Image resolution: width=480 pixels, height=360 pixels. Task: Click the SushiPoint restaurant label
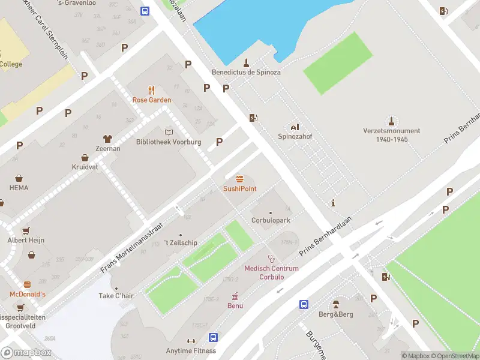(x=240, y=188)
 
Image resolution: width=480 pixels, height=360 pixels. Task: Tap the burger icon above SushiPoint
(x=240, y=179)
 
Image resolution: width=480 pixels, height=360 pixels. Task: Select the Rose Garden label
(x=152, y=100)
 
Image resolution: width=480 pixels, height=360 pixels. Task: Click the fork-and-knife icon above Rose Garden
(x=152, y=91)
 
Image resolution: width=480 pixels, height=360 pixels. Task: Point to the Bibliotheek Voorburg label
(x=169, y=142)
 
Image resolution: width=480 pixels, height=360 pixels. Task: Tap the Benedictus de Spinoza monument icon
(x=246, y=62)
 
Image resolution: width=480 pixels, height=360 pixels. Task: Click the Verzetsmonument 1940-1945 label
(x=391, y=134)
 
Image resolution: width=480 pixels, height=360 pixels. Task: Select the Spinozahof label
(x=295, y=136)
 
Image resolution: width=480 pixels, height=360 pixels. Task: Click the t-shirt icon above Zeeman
(x=108, y=139)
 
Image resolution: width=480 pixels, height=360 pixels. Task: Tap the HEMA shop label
(x=19, y=188)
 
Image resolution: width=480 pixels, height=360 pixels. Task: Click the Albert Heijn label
(x=26, y=240)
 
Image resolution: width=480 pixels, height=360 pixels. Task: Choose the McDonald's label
(x=27, y=294)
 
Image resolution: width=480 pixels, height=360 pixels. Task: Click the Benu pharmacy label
(x=235, y=305)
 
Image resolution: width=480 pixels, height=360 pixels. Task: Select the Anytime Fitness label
(x=191, y=350)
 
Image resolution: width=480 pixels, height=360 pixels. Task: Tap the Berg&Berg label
(x=335, y=314)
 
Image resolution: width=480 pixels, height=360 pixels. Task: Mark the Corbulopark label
(x=271, y=220)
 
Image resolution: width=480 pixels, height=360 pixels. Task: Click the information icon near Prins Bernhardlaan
(x=332, y=203)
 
